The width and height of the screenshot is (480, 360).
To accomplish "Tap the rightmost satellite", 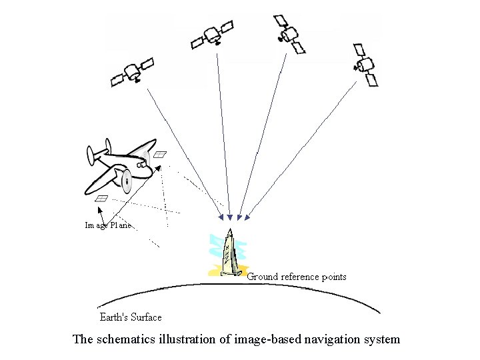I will click(x=365, y=65).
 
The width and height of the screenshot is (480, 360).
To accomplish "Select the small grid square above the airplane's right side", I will click(x=160, y=154).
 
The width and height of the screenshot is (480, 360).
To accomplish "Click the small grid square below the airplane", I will click(x=102, y=198).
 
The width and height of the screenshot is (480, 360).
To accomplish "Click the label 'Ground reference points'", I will click(x=297, y=277).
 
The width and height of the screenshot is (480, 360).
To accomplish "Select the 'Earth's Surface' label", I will click(x=130, y=317).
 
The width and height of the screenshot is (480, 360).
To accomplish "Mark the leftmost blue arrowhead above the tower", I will click(x=221, y=217).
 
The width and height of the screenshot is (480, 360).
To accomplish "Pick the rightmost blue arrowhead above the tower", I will click(x=247, y=217).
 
